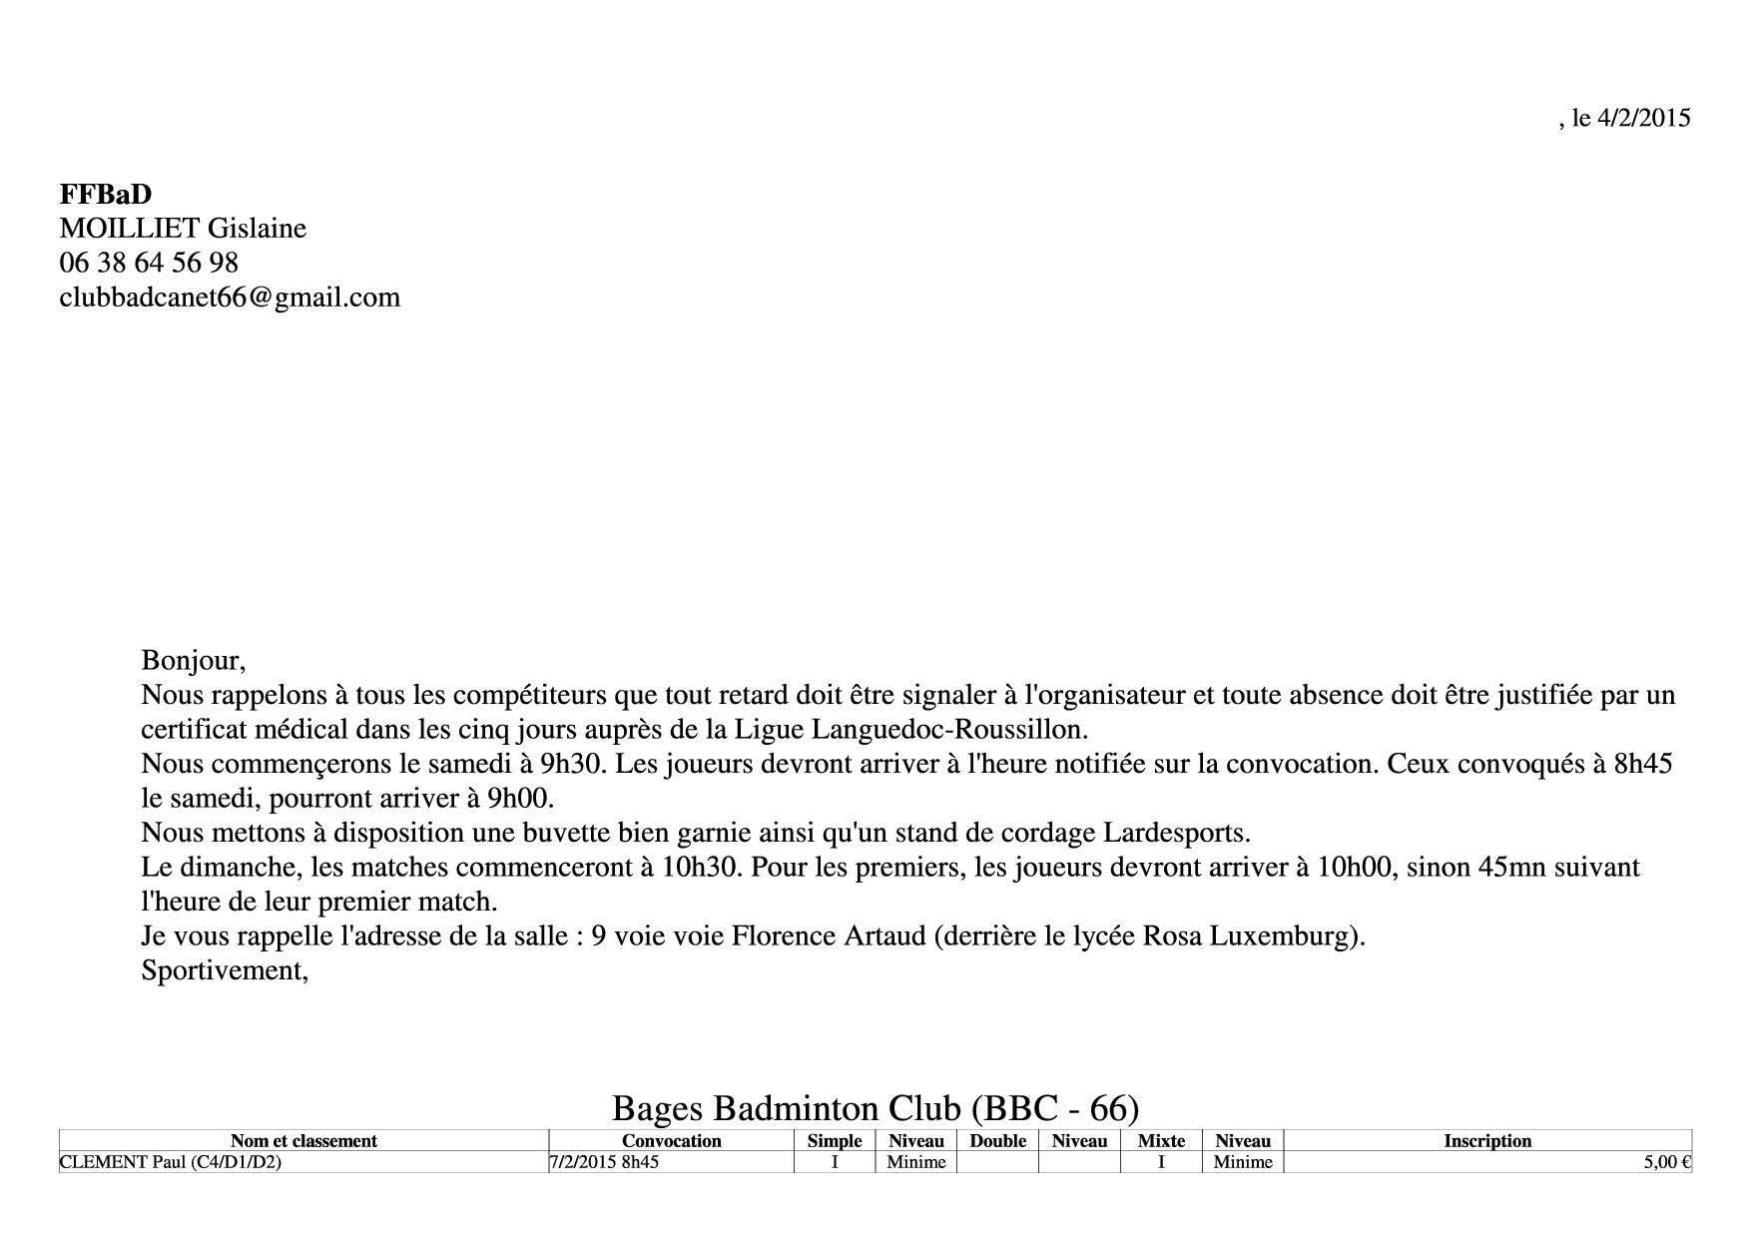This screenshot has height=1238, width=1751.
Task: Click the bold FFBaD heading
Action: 106,194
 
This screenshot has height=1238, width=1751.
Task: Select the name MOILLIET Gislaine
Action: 183,229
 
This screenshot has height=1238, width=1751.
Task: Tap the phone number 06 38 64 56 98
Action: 149,263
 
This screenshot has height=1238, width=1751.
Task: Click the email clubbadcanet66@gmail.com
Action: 230,298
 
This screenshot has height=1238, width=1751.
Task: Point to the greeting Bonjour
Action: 193,660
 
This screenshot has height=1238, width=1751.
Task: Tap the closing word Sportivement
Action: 224,970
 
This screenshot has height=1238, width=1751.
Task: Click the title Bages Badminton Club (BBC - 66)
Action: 875,1108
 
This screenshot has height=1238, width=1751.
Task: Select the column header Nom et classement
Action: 303,1141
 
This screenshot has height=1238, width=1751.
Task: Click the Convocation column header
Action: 671,1141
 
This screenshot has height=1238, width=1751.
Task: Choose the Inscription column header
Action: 1486,1141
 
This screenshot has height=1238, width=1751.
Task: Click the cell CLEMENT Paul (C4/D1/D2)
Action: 171,1162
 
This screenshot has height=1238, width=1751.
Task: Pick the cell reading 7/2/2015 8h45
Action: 604,1162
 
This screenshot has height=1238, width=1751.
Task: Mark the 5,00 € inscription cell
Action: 1666,1162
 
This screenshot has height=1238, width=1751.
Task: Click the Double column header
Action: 997,1141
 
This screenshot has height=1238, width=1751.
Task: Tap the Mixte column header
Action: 1161,1141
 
